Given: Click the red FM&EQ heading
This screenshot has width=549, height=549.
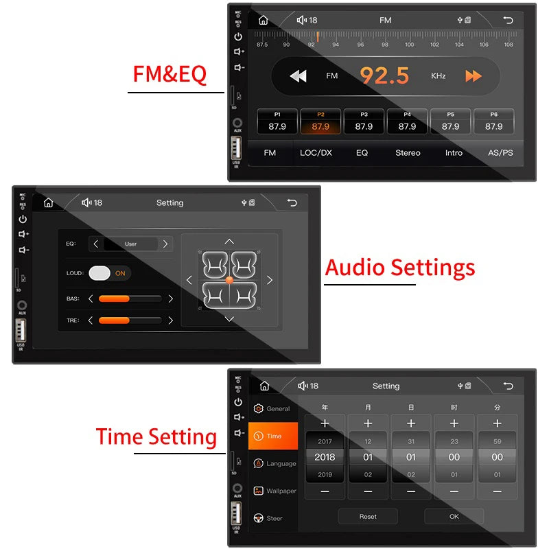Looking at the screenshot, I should [170, 74].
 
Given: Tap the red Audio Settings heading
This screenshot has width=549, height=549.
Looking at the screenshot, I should [399, 267].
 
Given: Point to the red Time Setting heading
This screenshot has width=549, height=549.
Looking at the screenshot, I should [156, 436].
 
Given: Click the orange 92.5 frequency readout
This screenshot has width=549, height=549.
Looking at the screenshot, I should [384, 75].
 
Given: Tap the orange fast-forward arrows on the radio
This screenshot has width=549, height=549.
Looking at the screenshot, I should [474, 76].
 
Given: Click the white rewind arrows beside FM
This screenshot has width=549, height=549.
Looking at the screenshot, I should [298, 76].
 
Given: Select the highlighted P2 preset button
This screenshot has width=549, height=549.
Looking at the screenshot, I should [320, 121].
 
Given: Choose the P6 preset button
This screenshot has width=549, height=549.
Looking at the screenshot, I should [494, 121].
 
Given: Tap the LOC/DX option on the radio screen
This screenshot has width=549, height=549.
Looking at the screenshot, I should [316, 152].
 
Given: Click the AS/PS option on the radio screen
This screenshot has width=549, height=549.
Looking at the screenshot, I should [500, 152].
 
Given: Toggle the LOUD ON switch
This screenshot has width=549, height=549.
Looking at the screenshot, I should [109, 273].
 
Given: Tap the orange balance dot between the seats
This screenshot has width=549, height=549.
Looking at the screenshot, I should [229, 279].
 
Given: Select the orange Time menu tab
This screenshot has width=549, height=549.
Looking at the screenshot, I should [273, 436].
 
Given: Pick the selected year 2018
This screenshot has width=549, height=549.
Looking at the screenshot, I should [325, 457].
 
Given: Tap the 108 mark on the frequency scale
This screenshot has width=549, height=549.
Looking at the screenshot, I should [509, 45].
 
